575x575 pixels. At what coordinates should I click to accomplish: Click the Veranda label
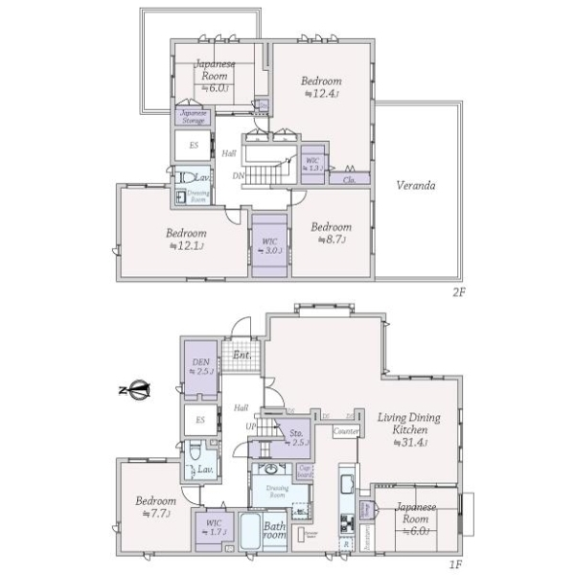(419, 186)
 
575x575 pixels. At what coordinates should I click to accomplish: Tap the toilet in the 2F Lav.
(180, 178)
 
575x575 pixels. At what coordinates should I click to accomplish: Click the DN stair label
(238, 176)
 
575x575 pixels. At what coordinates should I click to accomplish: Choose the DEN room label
(201, 365)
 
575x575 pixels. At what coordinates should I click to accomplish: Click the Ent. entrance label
(241, 356)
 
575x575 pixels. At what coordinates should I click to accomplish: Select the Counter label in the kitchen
(346, 432)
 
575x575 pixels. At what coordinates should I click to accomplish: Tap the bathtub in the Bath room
(252, 532)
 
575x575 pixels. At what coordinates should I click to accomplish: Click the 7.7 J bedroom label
(154, 507)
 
